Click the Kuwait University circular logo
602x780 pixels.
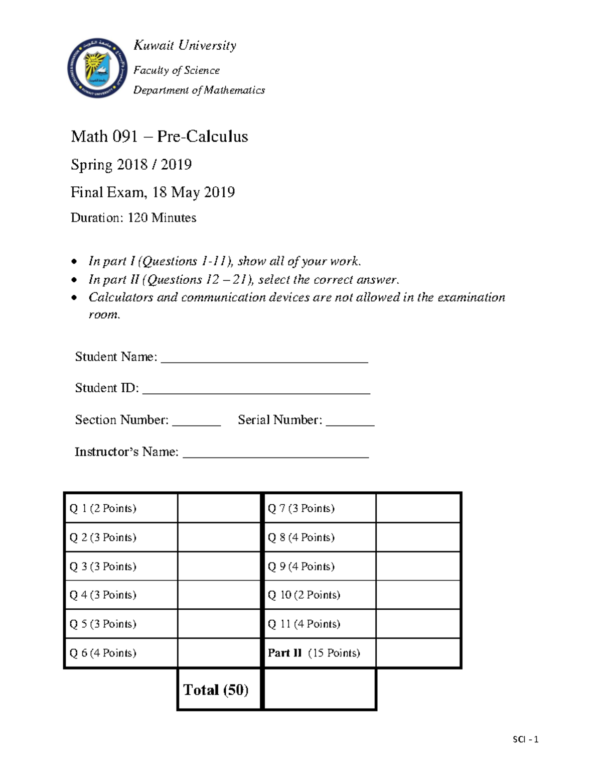click(98, 68)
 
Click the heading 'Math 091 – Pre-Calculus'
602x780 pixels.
click(159, 137)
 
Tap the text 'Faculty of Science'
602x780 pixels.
click(176, 70)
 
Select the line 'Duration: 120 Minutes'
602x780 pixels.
click(133, 217)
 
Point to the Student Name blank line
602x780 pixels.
click(264, 359)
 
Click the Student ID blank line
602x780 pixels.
click(256, 391)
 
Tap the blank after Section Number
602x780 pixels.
click(196, 422)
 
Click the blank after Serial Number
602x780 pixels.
click(350, 422)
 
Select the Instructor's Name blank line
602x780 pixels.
click(275, 455)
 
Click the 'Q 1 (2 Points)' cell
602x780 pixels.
click(120, 508)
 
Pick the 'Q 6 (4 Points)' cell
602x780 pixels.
click(120, 653)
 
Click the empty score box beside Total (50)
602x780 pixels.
click(320, 690)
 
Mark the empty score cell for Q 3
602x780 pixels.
click(219, 567)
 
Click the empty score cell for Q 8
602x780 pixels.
click(418, 537)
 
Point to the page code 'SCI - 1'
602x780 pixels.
click(525, 739)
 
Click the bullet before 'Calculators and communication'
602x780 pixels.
click(74, 298)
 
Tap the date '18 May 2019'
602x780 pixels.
click(194, 192)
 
